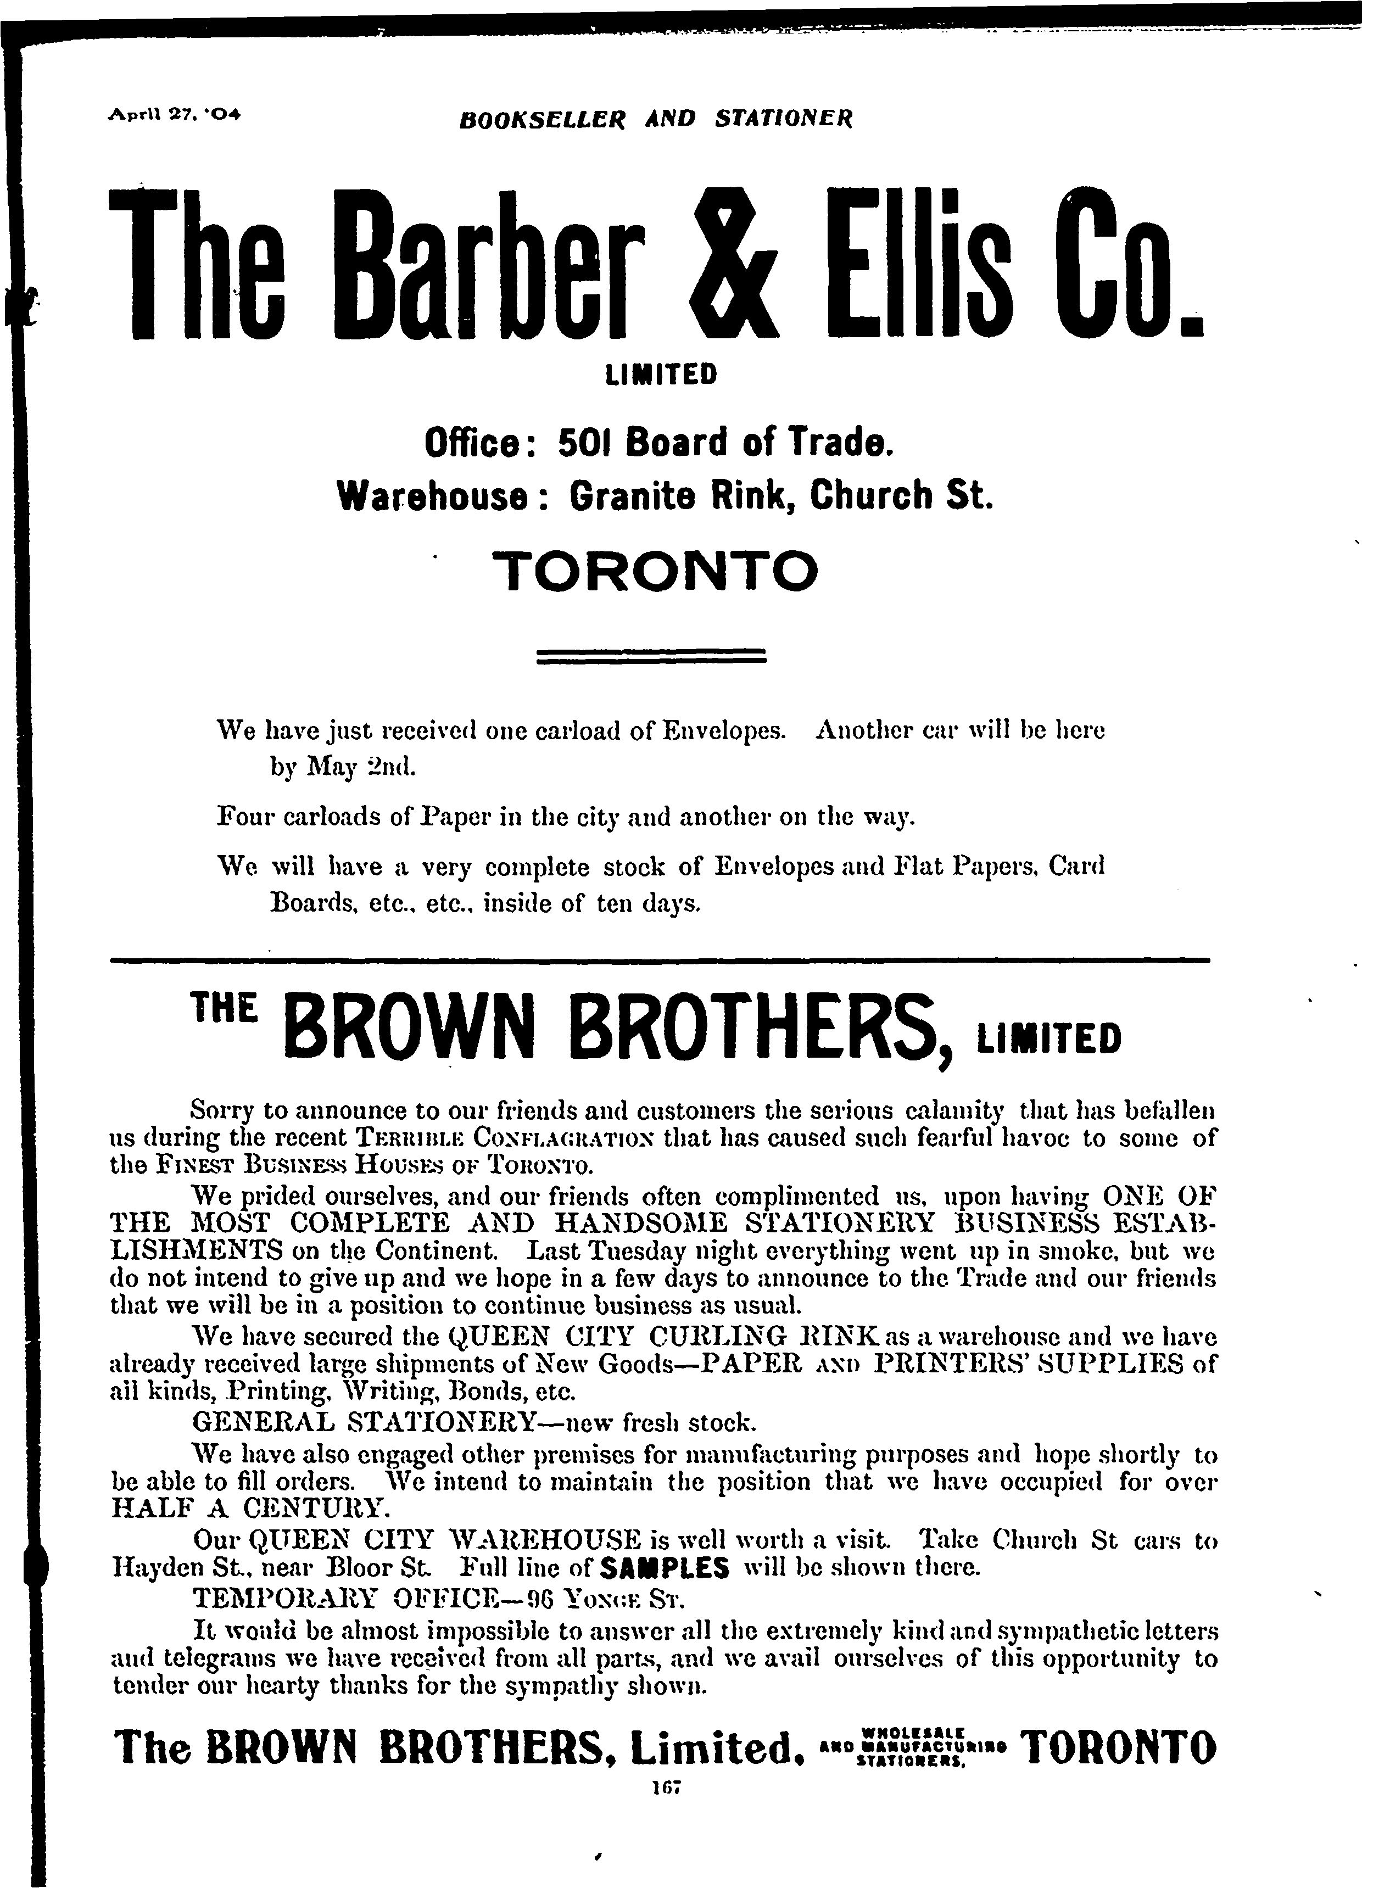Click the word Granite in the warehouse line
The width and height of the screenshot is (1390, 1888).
point(633,496)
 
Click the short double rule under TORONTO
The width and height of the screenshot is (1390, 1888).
point(650,655)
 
